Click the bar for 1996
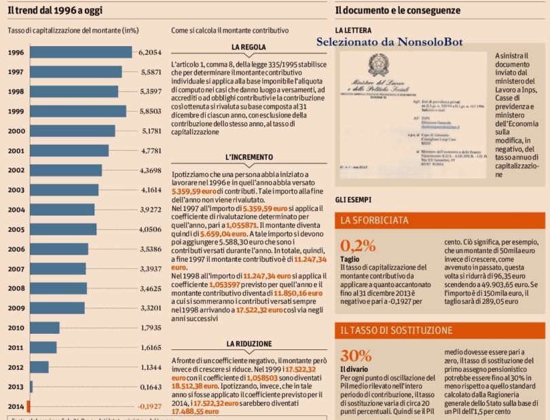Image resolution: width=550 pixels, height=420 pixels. pos(80,52)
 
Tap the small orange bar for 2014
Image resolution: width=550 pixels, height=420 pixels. pos(29,406)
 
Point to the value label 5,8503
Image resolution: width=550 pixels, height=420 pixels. pos(150,111)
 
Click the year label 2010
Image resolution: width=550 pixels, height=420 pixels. pos(16,328)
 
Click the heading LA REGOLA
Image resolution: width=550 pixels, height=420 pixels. pos(249,47)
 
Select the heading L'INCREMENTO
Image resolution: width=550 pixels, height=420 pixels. pos(249,157)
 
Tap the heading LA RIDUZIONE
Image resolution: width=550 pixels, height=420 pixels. pos(249,344)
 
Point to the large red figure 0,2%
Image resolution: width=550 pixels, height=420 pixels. pos(358,246)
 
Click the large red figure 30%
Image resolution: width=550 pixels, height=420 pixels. pos(356,356)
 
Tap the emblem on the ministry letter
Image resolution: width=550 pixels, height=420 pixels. pos(376,66)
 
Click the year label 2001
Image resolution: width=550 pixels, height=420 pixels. pos(16,151)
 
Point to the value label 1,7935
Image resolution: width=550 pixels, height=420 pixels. pos(149,328)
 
